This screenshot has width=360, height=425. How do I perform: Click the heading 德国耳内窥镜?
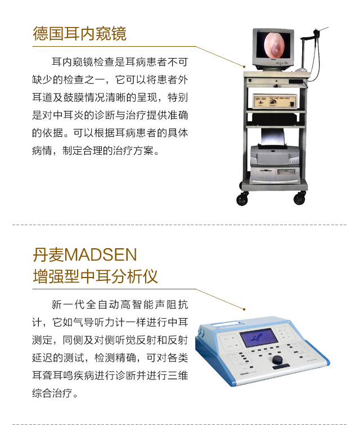tap(79, 34)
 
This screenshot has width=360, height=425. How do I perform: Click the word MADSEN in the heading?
tap(101, 254)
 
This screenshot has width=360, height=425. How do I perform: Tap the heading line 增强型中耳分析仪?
tap(95, 276)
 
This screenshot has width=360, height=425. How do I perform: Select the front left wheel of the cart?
tap(242, 199)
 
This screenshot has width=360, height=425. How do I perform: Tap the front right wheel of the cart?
tap(300, 198)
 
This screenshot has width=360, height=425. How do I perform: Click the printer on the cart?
tap(274, 156)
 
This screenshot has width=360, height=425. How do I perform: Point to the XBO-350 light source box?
tap(274, 101)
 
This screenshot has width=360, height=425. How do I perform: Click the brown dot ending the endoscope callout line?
tap(244, 66)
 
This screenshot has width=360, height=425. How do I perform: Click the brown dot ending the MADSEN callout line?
tap(244, 309)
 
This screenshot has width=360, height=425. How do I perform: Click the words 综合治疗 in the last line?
tap(52, 393)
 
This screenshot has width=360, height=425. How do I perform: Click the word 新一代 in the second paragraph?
tap(68, 305)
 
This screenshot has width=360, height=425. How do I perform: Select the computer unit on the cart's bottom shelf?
tap(274, 175)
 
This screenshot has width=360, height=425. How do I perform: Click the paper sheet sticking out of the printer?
tap(273, 137)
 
